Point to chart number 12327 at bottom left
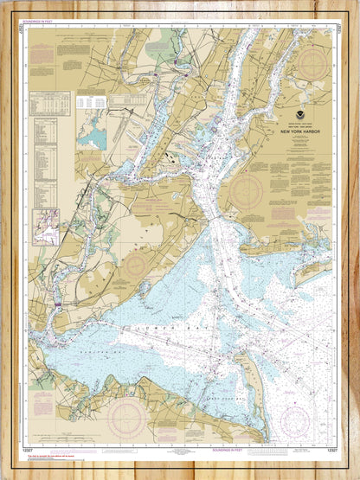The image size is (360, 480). [31, 451]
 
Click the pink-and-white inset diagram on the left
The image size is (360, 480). [45, 227]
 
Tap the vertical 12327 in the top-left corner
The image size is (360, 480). [20, 29]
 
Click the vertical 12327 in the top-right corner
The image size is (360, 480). [336, 29]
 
